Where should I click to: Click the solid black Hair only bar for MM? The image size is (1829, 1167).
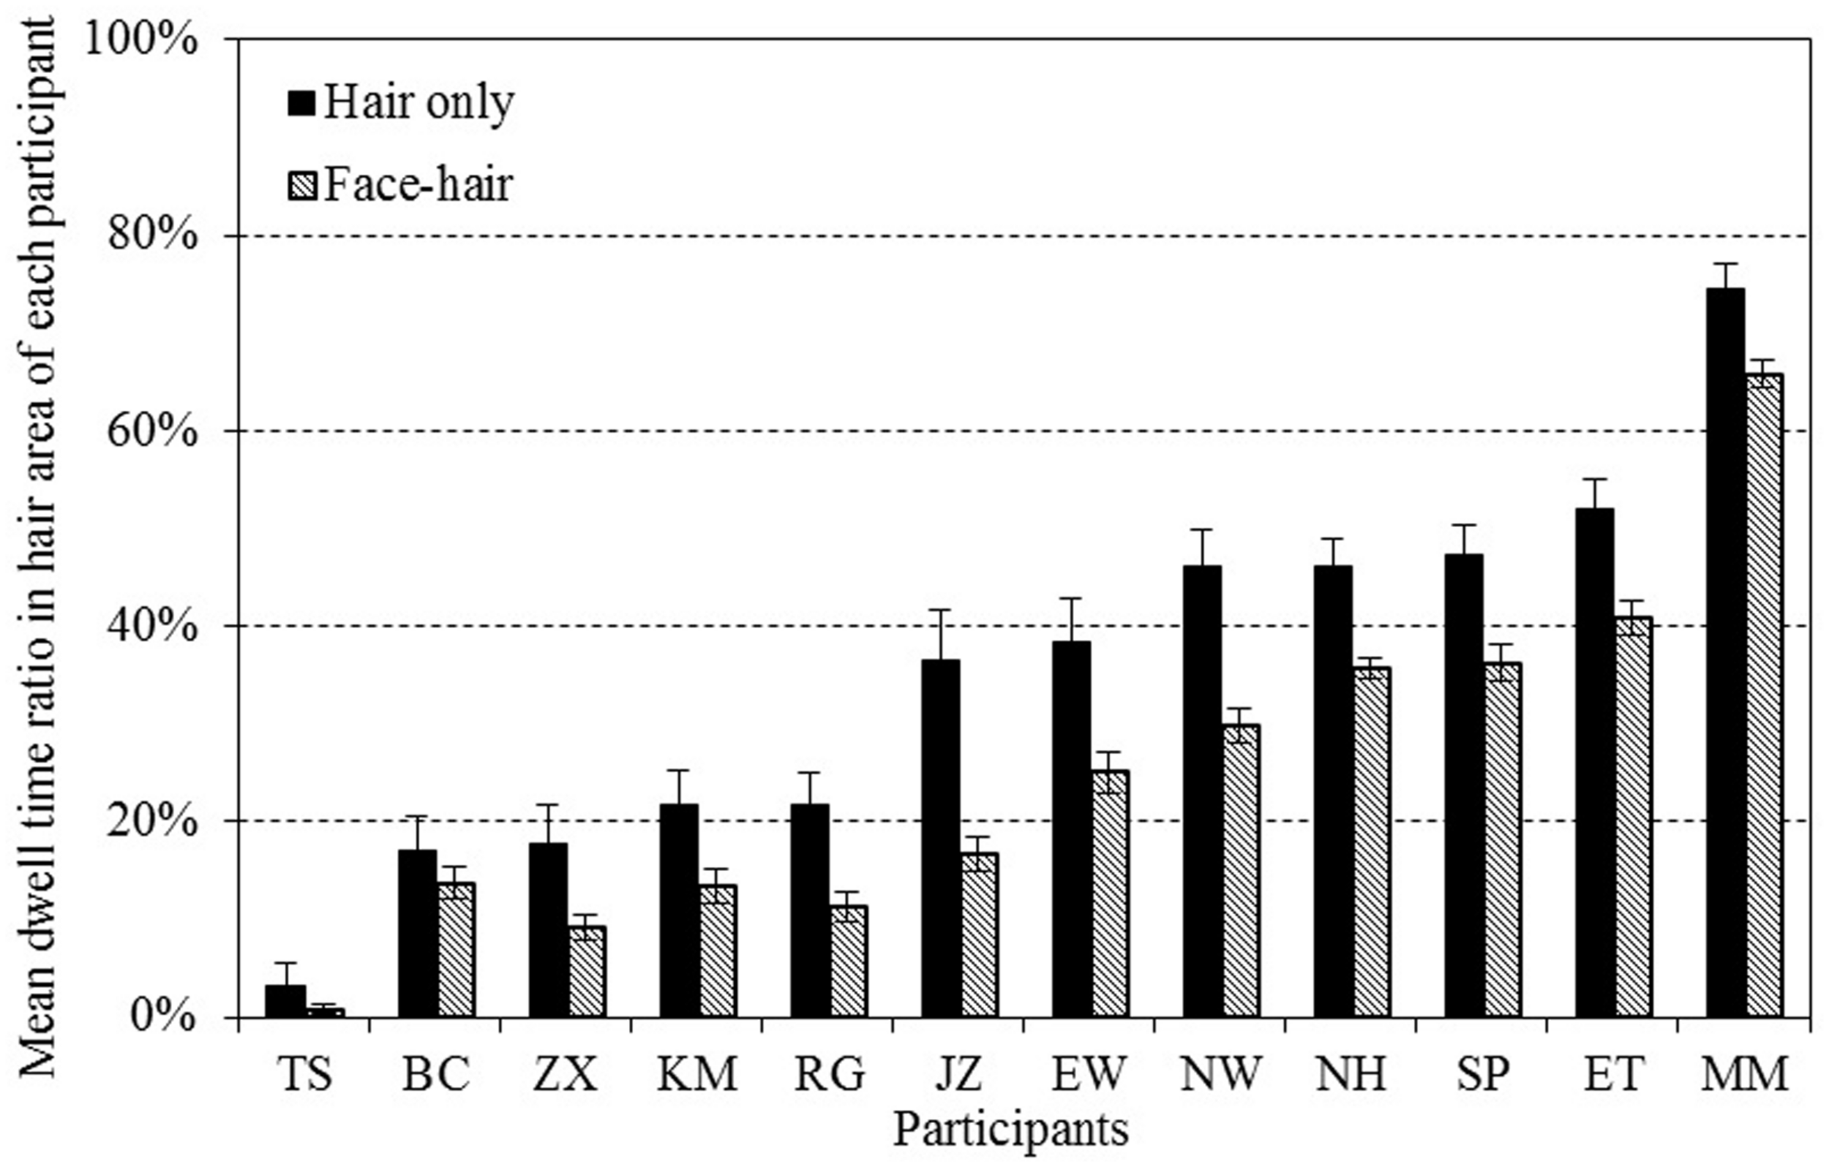pos(1724,653)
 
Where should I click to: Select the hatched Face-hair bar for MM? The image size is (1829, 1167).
pos(1763,695)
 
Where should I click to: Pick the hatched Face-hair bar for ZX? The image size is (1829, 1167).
pos(587,971)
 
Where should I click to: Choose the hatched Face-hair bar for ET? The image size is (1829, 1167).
pos(1633,816)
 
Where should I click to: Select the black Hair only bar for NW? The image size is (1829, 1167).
pos(1202,790)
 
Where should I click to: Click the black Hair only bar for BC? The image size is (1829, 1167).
pos(418,933)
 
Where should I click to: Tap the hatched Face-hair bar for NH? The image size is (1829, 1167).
pos(1371,842)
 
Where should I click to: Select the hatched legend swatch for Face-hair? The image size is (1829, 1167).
pos(301,184)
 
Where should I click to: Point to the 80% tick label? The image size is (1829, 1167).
pos(157,236)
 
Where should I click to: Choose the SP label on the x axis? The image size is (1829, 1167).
pos(1482,1074)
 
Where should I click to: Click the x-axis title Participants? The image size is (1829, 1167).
pos(1011,1131)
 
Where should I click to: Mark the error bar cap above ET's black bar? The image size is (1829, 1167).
pos(1594,479)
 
